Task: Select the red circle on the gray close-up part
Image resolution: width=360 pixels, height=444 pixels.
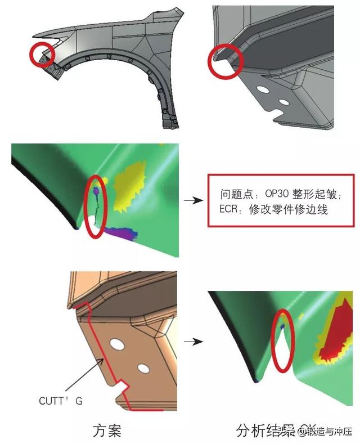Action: point(226,60)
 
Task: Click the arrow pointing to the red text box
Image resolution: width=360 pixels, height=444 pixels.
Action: point(192,200)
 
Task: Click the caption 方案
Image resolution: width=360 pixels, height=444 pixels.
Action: point(107,432)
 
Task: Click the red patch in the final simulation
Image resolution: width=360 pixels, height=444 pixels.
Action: point(337,332)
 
